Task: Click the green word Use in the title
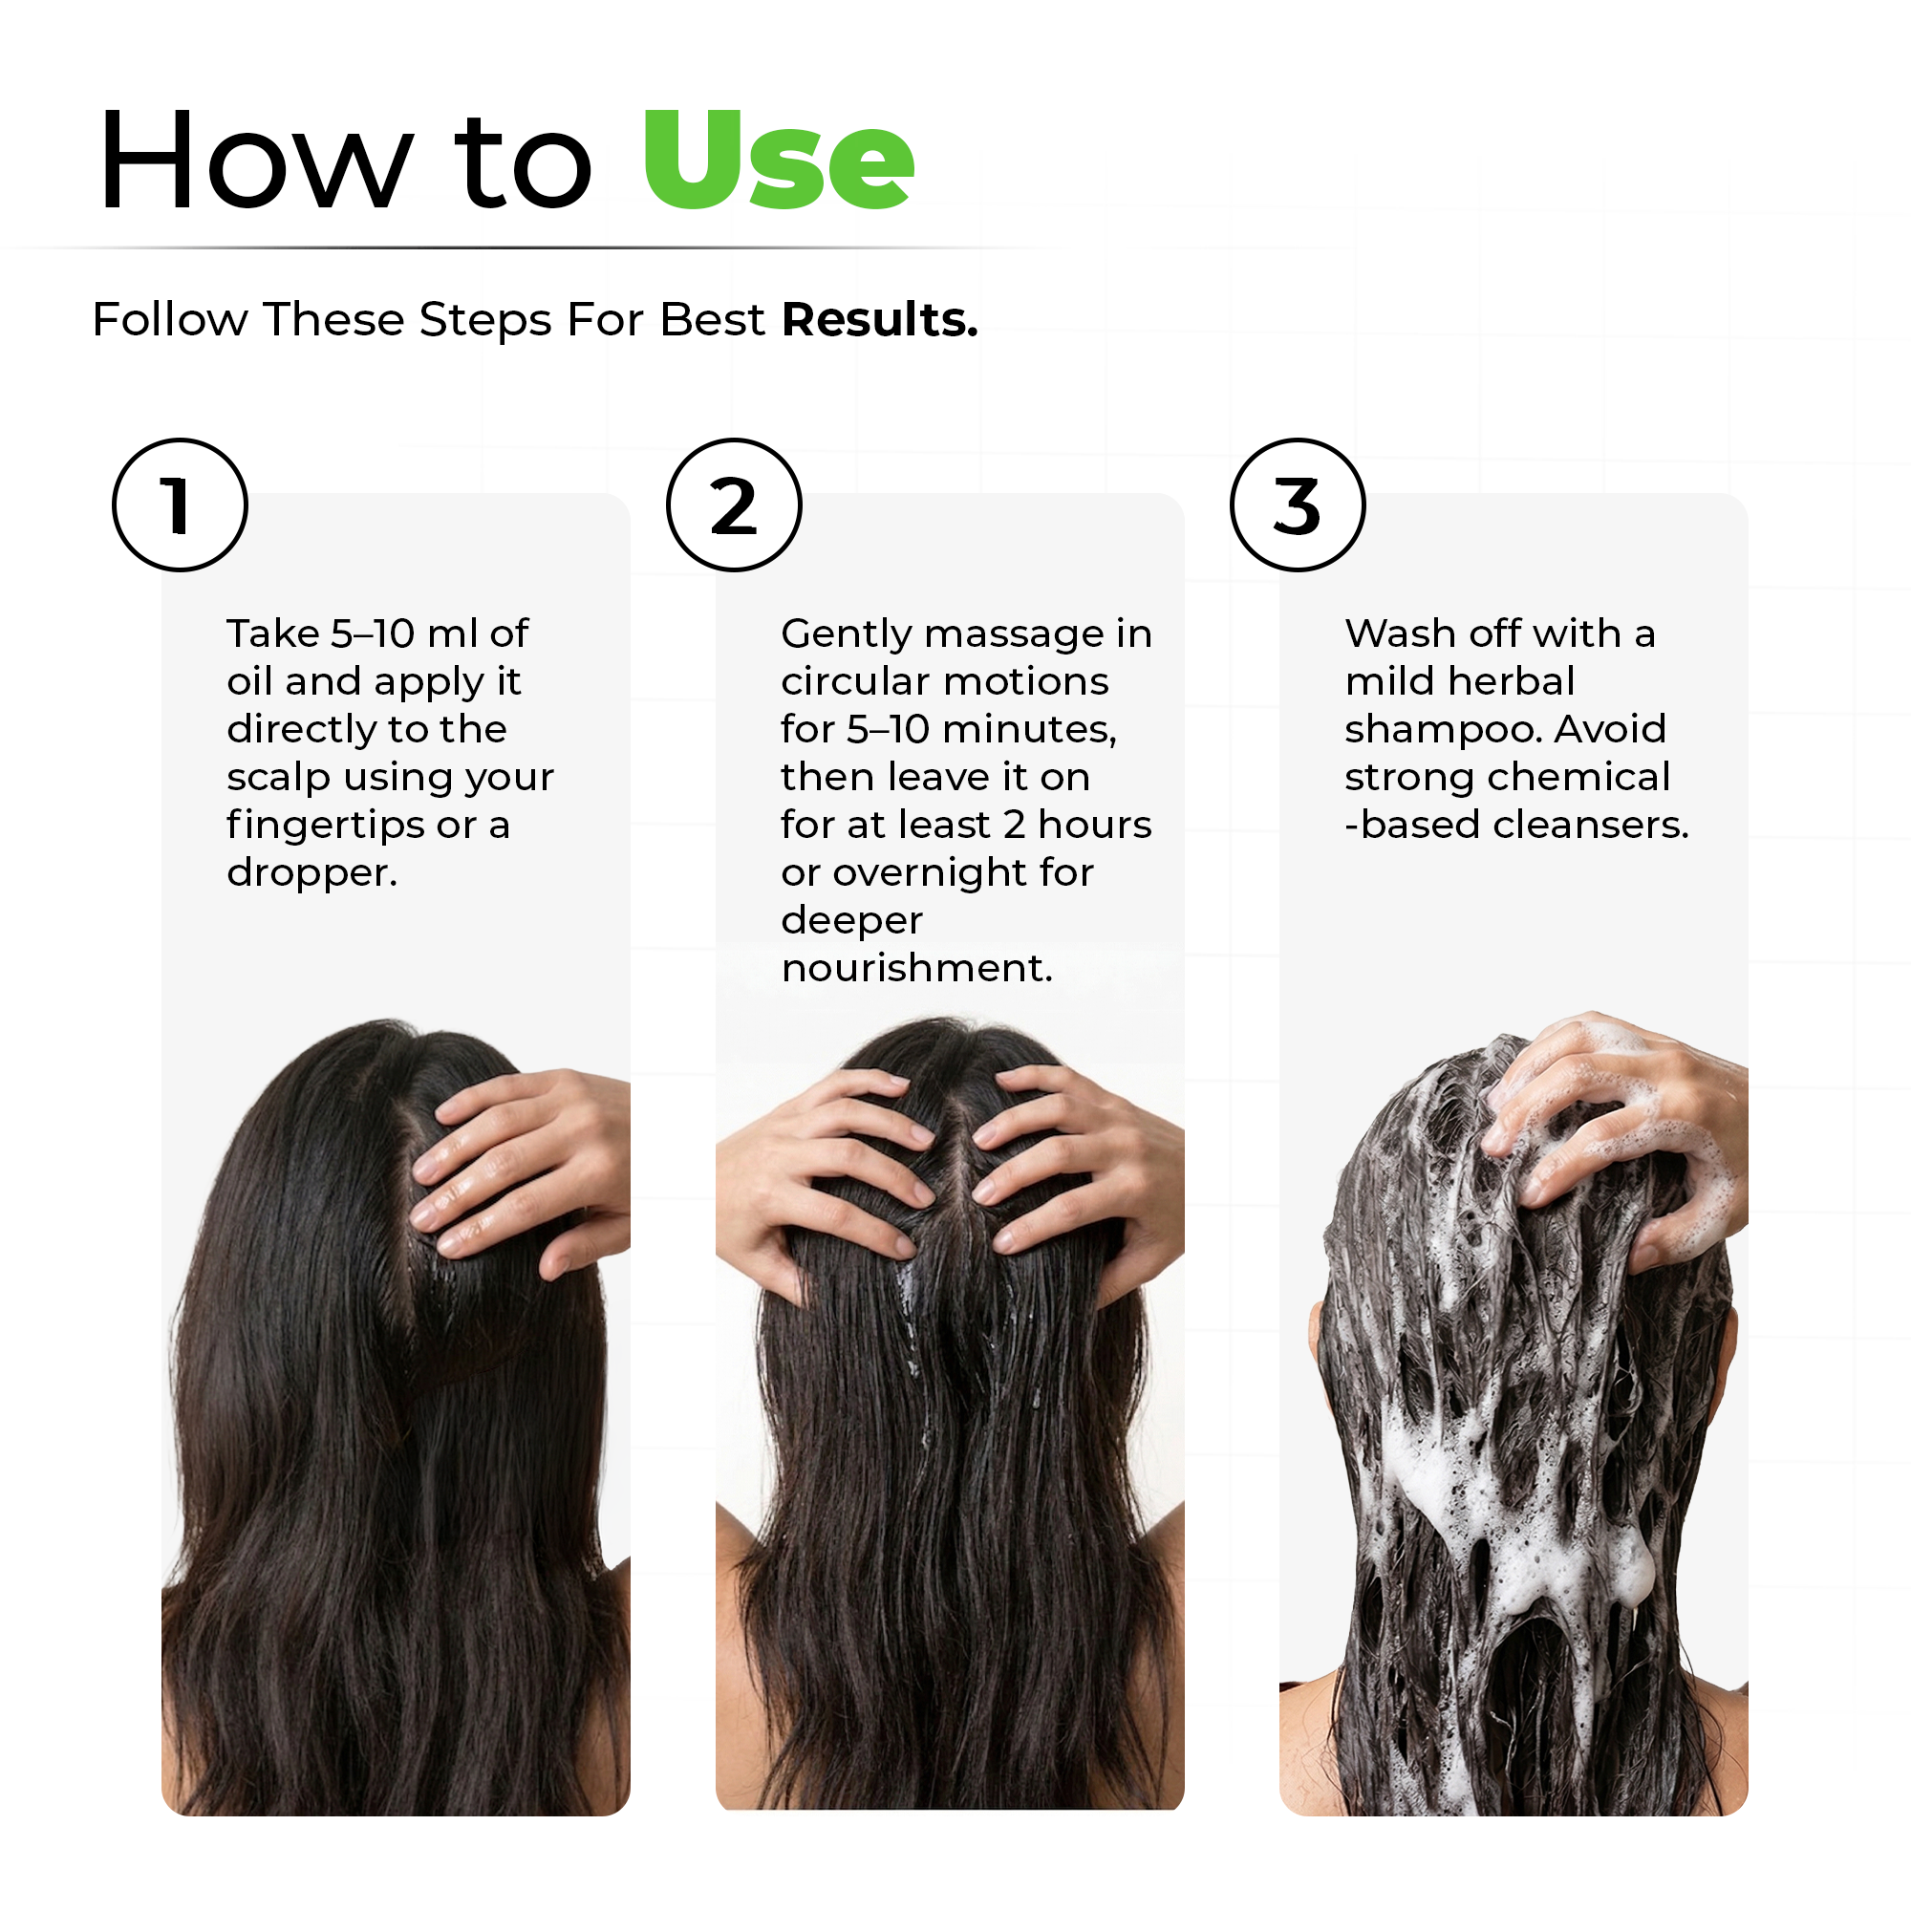pyautogui.click(x=778, y=162)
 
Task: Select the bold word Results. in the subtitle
pyautogui.click(x=879, y=319)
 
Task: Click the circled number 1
pyautogui.click(x=179, y=505)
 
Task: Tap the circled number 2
pyautogui.click(x=733, y=505)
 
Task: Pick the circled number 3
pyautogui.click(x=1297, y=505)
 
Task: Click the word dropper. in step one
pyautogui.click(x=311, y=872)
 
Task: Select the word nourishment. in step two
pyautogui.click(x=917, y=967)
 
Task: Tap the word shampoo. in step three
pyautogui.click(x=1443, y=729)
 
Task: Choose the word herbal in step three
pyautogui.click(x=1510, y=681)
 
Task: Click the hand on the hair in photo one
pyautogui.click(x=525, y=1168)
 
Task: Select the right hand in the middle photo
pyautogui.click(x=1078, y=1168)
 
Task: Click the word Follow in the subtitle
pyautogui.click(x=169, y=319)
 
